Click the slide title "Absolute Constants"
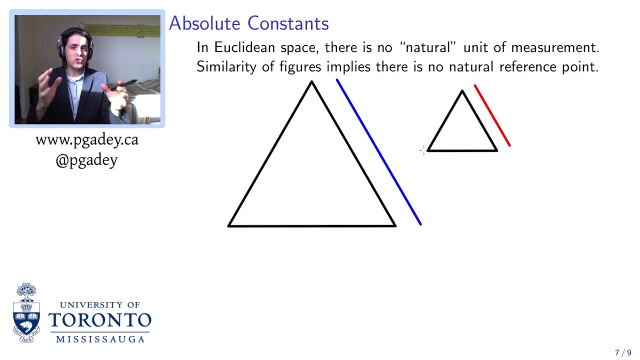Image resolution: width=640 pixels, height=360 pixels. (248, 23)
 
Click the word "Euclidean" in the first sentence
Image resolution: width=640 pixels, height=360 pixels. (244, 47)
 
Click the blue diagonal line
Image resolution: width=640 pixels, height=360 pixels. (379, 152)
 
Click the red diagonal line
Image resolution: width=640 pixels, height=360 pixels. (492, 116)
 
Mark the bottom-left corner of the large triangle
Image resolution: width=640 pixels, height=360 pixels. (229, 225)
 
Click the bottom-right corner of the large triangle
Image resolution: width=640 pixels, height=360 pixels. (394, 225)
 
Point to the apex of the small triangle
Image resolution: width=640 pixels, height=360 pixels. (462, 91)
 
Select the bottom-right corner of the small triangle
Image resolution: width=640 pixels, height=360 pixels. (496, 150)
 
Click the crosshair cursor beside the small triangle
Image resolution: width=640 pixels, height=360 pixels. (423, 150)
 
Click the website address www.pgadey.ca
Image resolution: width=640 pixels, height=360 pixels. (87, 140)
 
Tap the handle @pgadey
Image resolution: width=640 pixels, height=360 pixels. (86, 160)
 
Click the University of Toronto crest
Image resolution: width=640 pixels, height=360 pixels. (26, 313)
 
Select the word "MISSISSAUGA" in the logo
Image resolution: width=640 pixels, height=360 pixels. (100, 339)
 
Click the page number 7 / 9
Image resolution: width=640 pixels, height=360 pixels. (623, 353)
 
